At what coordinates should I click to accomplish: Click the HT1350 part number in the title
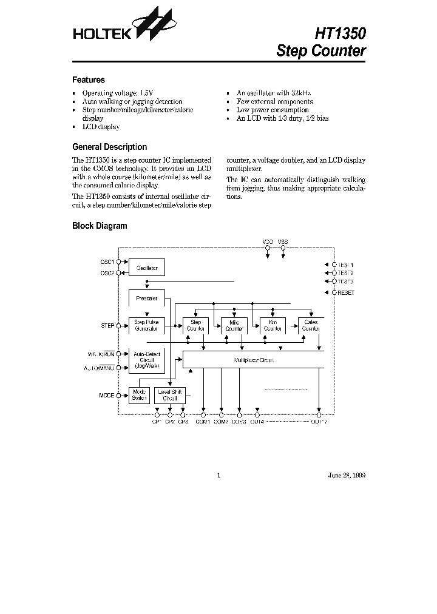[339, 33]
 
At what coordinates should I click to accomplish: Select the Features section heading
[89, 79]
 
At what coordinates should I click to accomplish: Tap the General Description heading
[109, 147]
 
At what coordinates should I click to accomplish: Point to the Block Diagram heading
[100, 226]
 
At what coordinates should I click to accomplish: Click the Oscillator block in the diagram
[147, 267]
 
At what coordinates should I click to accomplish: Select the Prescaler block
[147, 298]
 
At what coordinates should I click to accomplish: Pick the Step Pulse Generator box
[147, 325]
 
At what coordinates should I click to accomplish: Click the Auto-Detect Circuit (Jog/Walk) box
[147, 359]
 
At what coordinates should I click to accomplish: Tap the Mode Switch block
[139, 395]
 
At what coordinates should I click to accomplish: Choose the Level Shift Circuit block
[169, 395]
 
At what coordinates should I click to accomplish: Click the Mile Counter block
[234, 326]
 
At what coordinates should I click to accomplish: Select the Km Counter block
[273, 326]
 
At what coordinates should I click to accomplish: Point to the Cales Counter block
[310, 326]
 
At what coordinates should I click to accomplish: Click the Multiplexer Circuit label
[254, 360]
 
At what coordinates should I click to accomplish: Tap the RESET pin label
[346, 293]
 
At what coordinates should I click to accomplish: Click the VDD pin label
[267, 241]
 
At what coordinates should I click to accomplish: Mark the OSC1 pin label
[107, 261]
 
